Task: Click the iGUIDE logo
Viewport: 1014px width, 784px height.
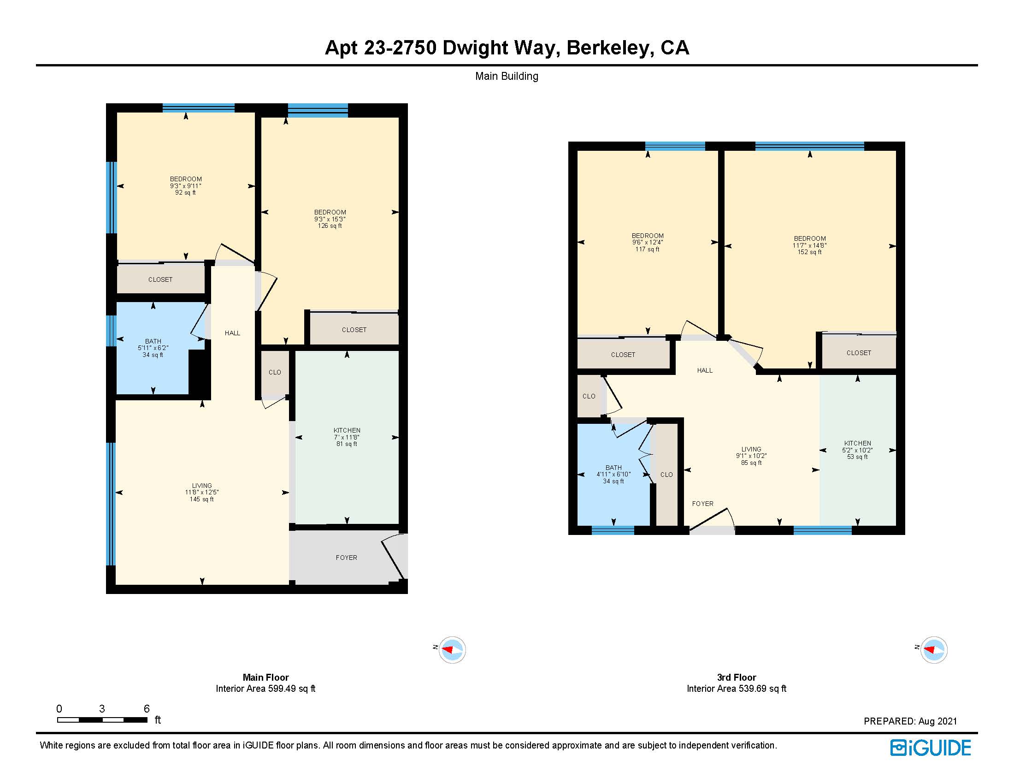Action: [930, 748]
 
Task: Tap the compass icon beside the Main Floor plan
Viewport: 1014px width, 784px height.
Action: [452, 649]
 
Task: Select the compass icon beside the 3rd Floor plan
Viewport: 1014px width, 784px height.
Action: [933, 649]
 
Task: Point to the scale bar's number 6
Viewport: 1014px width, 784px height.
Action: [147, 709]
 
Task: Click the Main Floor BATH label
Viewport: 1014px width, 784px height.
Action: [153, 348]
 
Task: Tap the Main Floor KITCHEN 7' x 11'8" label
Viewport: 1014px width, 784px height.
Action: [347, 437]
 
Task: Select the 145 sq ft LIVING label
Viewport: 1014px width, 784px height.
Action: [202, 493]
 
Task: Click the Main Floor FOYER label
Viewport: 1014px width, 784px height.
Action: [346, 558]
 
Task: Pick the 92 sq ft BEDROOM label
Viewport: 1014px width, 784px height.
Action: [186, 186]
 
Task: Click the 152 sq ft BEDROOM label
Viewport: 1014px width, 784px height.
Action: [810, 245]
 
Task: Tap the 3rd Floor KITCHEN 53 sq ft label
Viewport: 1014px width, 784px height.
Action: [858, 450]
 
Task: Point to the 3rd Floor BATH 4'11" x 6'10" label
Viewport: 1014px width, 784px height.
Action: [613, 474]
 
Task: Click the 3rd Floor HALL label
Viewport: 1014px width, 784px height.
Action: [704, 370]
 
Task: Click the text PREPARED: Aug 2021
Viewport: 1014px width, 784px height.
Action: [910, 721]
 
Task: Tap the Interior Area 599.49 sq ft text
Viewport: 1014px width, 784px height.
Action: [265, 689]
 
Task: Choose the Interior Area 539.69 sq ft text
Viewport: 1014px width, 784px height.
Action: [737, 689]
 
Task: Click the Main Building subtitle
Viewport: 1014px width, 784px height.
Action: [507, 76]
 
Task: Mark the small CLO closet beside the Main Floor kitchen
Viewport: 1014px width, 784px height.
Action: [275, 372]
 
